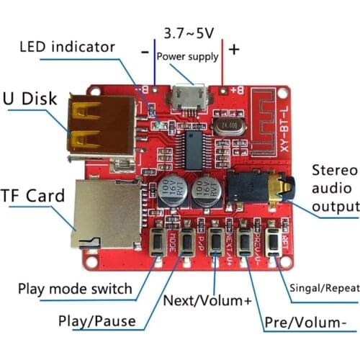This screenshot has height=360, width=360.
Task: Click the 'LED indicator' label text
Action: tap(67, 47)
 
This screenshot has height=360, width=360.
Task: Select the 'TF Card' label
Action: tap(33, 194)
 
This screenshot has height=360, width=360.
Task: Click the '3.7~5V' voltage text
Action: tap(189, 33)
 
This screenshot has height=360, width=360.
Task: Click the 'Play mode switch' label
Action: tap(76, 289)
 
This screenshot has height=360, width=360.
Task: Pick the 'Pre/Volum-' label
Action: tap(306, 321)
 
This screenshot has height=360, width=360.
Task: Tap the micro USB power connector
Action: tap(189, 98)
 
